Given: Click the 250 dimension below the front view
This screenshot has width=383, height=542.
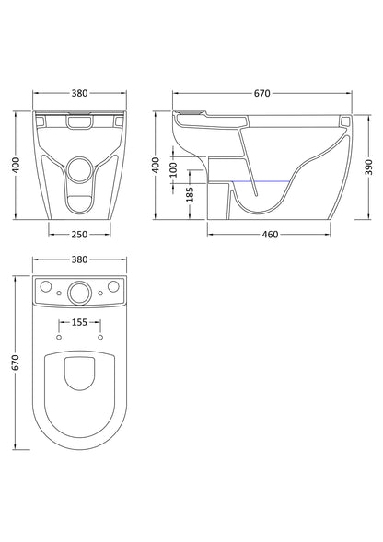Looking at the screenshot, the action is pos(79,235).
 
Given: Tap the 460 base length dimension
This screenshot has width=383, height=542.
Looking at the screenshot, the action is pos(270,235).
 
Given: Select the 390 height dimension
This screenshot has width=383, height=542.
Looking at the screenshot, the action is pos(369,167).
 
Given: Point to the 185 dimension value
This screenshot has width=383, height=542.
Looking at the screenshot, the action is pos(190,194).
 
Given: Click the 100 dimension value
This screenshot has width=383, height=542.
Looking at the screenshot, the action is pos(173,169).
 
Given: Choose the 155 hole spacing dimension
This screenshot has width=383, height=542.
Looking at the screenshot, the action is pos(79,322).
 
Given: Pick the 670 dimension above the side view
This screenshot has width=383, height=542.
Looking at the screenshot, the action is pos(261,93).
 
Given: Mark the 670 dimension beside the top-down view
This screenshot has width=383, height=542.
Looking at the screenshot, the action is pos(16,363).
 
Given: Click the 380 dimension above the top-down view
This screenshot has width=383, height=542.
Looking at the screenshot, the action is pos(79,259).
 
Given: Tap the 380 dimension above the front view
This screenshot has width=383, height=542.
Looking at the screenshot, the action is pos(79,93).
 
